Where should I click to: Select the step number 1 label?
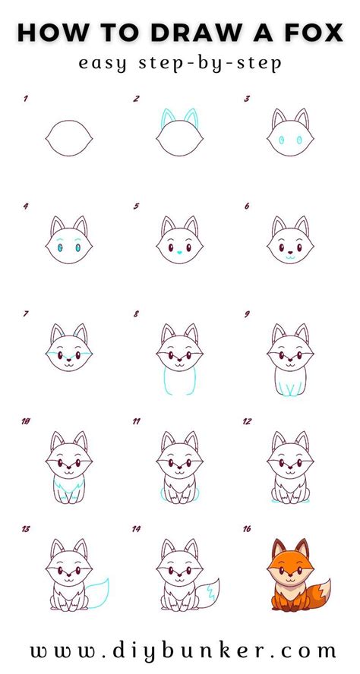[26, 99]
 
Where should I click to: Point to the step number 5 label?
[136, 205]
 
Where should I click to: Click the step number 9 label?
[248, 312]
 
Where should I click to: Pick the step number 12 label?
[247, 420]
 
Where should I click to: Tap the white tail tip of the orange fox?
[324, 587]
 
